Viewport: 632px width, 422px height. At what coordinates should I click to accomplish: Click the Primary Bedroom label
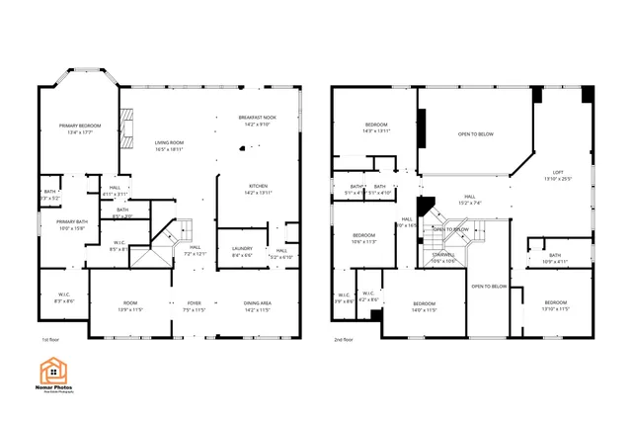coord(80,127)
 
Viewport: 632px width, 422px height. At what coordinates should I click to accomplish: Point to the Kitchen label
coord(258,188)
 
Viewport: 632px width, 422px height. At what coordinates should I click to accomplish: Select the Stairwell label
coord(443,258)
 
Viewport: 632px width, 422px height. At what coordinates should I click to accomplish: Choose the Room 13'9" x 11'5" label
coord(130,305)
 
